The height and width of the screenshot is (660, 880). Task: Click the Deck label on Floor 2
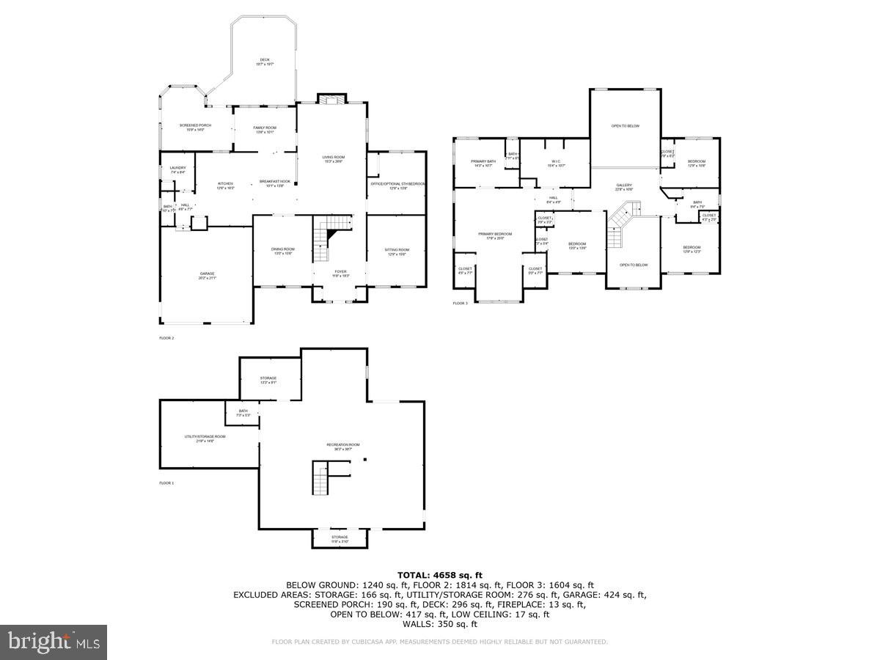point(264,62)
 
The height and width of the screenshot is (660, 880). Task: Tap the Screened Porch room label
point(195,128)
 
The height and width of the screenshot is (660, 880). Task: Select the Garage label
point(207,276)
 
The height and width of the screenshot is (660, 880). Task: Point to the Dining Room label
point(282,252)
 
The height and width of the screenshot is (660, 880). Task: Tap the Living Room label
point(333,159)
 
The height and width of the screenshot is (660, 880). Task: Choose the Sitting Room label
point(397,252)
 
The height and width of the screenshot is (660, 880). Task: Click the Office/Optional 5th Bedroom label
point(397,186)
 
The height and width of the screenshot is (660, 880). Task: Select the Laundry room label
point(177,170)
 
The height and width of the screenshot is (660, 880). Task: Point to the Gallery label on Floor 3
point(624,187)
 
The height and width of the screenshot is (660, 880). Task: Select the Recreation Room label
point(343,447)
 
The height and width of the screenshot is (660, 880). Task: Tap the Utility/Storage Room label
point(205,439)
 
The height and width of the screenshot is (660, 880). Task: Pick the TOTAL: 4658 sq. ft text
point(440,575)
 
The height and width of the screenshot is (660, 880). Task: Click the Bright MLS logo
point(54,642)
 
